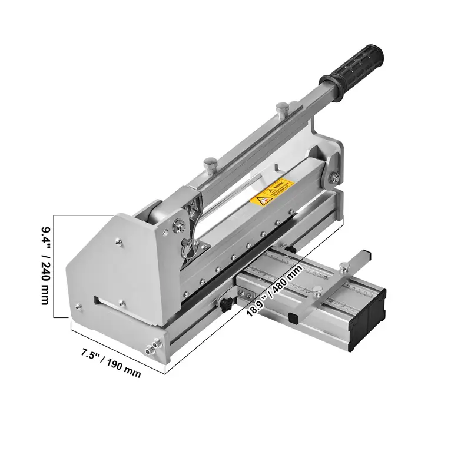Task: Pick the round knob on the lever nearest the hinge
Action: (x=208, y=162)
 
